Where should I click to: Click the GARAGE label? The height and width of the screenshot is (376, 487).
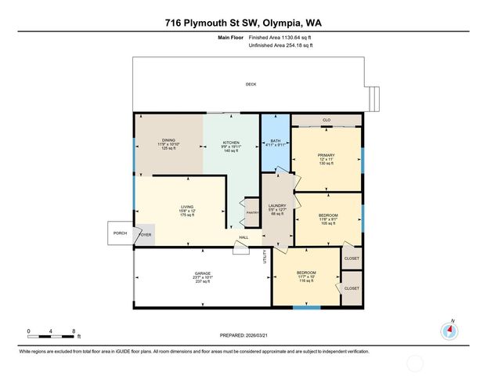(x=203, y=277)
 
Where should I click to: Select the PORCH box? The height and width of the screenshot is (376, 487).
(x=120, y=233)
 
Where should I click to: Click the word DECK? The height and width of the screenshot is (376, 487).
(x=251, y=84)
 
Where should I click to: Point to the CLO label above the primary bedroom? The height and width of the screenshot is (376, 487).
(x=326, y=121)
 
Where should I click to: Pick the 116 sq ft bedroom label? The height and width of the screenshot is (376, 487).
(x=305, y=277)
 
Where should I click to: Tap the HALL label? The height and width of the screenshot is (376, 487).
(x=243, y=237)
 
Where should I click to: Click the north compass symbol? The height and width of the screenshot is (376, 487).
(x=450, y=329)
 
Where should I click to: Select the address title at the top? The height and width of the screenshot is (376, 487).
(x=243, y=24)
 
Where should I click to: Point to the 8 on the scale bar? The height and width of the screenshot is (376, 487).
(x=73, y=331)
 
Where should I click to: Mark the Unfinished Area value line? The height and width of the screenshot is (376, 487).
(x=280, y=45)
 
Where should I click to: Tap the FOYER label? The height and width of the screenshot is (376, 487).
(x=145, y=234)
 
